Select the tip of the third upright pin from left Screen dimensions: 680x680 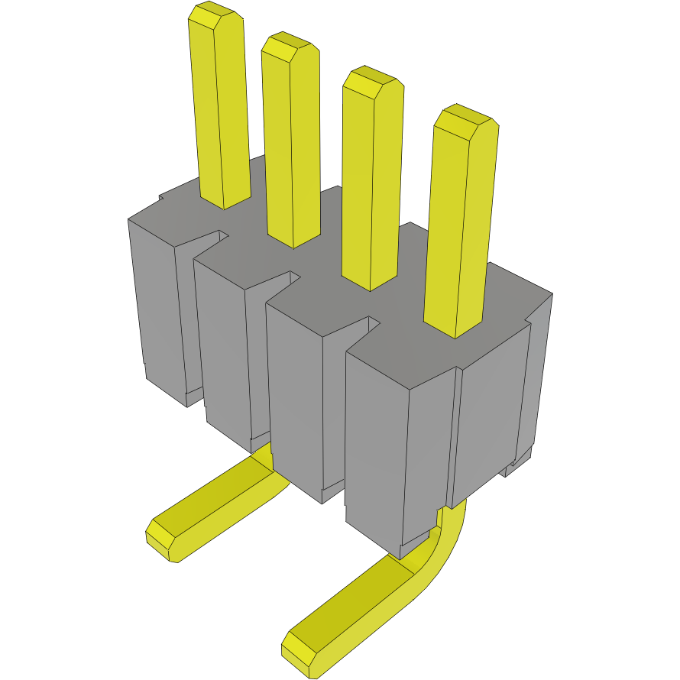click(x=371, y=82)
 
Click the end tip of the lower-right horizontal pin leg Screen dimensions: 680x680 click(x=298, y=652)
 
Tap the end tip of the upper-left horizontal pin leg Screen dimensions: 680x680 click(x=160, y=538)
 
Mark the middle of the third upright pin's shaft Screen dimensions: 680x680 click(x=372, y=183)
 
